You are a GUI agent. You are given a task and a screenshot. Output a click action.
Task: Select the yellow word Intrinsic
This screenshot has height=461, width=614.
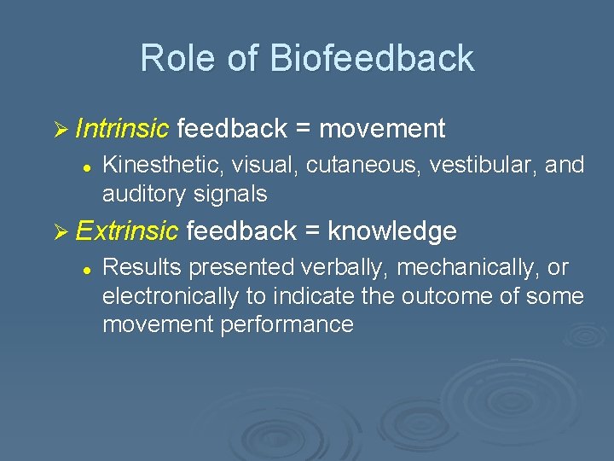click(122, 129)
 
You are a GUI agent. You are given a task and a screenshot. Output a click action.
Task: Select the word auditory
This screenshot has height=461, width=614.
click(139, 195)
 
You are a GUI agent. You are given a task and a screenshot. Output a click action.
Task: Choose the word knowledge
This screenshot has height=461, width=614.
click(392, 230)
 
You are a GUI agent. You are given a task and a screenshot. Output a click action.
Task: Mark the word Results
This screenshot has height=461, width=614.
click(142, 267)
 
